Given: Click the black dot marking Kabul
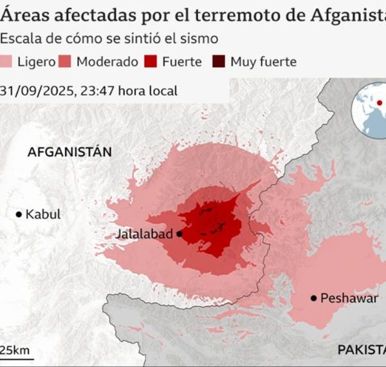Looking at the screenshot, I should pos(19,214).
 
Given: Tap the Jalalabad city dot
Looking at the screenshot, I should pos(179,234).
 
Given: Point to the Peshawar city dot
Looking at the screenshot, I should pos(313,297).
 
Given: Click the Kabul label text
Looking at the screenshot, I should pos(43,214).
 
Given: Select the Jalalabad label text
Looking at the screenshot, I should pos(144,234).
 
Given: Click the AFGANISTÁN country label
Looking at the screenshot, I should pos(69,152).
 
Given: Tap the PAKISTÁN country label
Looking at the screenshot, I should pos(362,349).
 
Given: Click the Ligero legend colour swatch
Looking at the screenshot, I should pos(8,62).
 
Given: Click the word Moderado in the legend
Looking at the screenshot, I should pos(107,62).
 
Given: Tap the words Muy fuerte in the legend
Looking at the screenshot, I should pos(264,62).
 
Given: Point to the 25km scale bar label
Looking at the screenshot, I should pos(15,350).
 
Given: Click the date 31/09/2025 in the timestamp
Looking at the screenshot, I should pos(35,91).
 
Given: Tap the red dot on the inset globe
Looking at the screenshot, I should pos(380,103).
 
